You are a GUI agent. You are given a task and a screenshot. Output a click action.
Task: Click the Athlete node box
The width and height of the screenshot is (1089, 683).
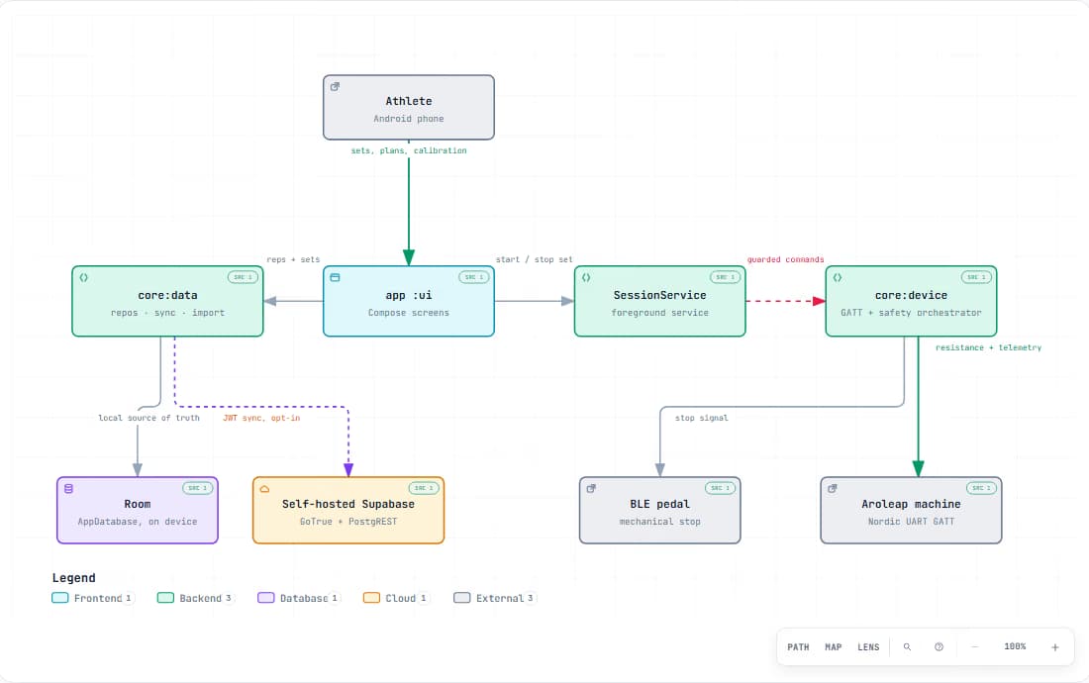(408, 108)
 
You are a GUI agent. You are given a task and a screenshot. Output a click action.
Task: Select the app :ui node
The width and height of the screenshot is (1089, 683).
(408, 301)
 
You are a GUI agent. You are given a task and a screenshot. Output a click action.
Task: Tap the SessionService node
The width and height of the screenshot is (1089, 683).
(659, 301)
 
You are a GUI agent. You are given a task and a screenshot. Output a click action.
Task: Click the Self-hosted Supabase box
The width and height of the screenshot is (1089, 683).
(347, 510)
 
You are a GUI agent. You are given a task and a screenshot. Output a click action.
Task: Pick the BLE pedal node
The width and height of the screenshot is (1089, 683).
(659, 510)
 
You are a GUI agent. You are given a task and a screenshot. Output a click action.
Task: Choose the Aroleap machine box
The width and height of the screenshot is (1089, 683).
(911, 510)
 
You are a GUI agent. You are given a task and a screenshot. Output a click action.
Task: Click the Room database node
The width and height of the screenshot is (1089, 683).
(138, 510)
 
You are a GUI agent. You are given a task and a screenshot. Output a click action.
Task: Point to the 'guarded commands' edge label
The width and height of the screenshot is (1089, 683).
(785, 259)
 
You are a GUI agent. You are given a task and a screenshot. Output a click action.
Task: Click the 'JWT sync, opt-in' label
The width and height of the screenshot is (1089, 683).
(261, 418)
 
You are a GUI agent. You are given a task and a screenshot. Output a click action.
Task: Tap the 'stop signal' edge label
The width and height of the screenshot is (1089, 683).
(702, 418)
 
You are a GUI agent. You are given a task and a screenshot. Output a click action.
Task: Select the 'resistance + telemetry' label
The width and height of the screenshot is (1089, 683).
(988, 347)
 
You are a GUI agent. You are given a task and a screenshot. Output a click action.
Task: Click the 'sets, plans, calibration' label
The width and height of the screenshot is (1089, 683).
(408, 150)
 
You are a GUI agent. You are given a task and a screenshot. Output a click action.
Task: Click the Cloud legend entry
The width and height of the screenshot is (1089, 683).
(396, 598)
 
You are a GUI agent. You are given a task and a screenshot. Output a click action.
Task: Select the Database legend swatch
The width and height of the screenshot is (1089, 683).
(266, 598)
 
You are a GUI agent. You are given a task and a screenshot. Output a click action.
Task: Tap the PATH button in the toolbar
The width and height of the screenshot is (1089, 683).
(798, 647)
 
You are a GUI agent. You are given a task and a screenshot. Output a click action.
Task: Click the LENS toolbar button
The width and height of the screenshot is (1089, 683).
(868, 647)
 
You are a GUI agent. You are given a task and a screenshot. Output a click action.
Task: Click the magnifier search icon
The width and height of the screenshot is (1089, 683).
(907, 647)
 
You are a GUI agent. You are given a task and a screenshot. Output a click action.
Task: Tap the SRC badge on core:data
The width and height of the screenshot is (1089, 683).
(244, 277)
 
